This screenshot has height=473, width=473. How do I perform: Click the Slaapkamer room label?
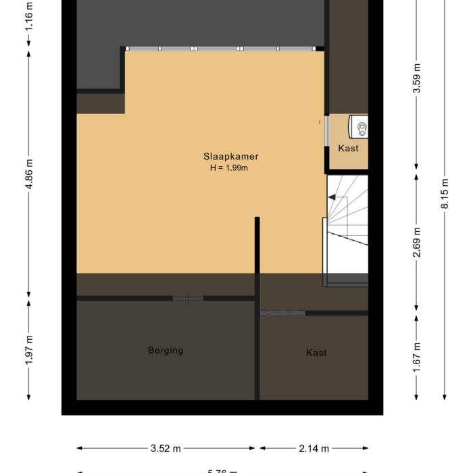(x=231, y=156)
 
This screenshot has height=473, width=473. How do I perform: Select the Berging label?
(x=166, y=350)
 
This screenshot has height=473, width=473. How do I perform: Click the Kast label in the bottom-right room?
(x=316, y=353)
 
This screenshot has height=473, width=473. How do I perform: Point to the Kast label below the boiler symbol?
(x=348, y=148)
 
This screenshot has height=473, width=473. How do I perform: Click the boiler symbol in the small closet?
(x=359, y=126)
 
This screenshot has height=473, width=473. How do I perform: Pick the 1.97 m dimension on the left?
(x=28, y=351)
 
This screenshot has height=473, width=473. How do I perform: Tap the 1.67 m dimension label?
(x=417, y=351)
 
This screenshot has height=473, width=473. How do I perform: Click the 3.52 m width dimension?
(x=167, y=447)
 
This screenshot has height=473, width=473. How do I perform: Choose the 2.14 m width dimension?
(x=314, y=447)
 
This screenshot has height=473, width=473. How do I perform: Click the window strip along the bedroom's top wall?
(x=220, y=49)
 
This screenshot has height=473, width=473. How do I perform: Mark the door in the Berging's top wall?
(x=187, y=298)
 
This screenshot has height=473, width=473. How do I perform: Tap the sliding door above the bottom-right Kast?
(x=282, y=313)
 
